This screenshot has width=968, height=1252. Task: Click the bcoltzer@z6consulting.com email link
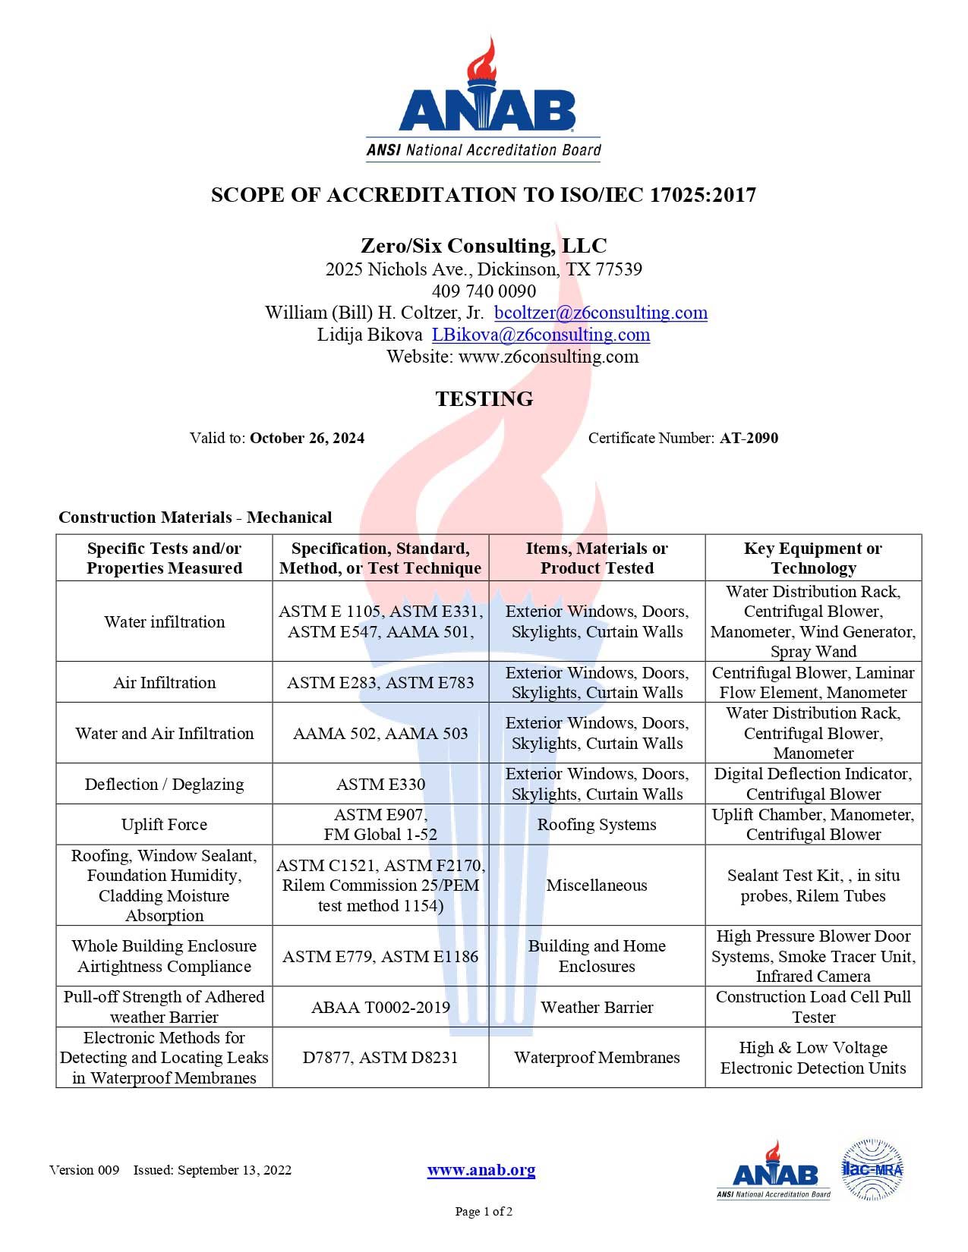click(601, 313)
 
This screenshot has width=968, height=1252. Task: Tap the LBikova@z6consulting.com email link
click(541, 335)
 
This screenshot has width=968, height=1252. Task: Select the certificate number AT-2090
click(749, 438)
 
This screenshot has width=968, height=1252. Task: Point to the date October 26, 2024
click(307, 438)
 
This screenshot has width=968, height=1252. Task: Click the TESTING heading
click(484, 399)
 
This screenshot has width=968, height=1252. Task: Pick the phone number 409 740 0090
click(484, 291)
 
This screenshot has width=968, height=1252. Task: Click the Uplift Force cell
click(164, 825)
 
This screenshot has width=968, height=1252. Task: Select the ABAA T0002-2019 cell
click(380, 1007)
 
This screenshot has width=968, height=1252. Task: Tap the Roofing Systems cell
click(597, 825)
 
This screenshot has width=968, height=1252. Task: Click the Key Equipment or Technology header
click(813, 558)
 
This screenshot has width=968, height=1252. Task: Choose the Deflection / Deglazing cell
click(164, 784)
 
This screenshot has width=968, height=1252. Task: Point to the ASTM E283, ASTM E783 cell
click(380, 682)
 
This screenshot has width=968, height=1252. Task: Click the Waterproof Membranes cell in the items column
click(597, 1057)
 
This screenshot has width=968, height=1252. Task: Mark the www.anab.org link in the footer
click(481, 1170)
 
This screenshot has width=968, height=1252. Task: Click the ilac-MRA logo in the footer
click(872, 1169)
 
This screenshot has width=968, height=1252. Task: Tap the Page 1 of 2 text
click(484, 1212)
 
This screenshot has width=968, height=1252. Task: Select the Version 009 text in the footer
click(84, 1170)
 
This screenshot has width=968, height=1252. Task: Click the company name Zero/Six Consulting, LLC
click(484, 246)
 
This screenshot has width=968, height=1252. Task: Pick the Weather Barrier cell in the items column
click(597, 1007)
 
